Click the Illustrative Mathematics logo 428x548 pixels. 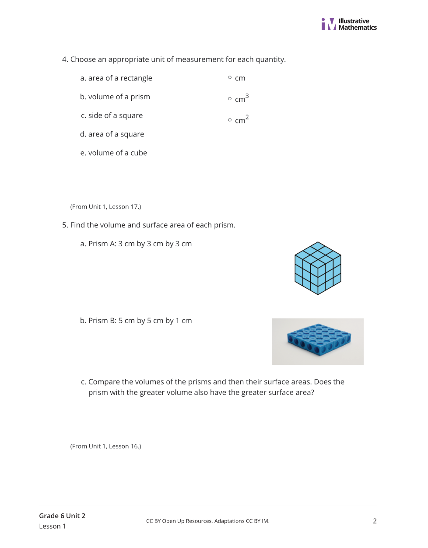coord(349,24)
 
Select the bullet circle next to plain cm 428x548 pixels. coord(230,77)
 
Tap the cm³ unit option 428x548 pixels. coord(241,98)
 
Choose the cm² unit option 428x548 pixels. coord(241,119)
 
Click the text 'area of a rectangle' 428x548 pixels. coord(120,78)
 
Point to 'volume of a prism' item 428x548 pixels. coord(119,97)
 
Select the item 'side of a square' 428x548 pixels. coord(115,115)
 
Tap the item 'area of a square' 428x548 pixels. coord(116,134)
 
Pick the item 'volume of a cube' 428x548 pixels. coord(117,153)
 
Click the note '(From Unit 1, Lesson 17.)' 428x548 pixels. coord(105,207)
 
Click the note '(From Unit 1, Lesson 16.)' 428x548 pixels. coord(105,447)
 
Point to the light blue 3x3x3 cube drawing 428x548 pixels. coord(318,268)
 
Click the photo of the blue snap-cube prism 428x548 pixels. coord(318,341)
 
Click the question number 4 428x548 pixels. coord(65,59)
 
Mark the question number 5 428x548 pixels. coord(65,225)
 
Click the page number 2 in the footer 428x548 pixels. coord(375,521)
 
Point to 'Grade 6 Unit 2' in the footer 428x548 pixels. coord(62,516)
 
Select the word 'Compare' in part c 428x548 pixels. coord(104,382)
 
